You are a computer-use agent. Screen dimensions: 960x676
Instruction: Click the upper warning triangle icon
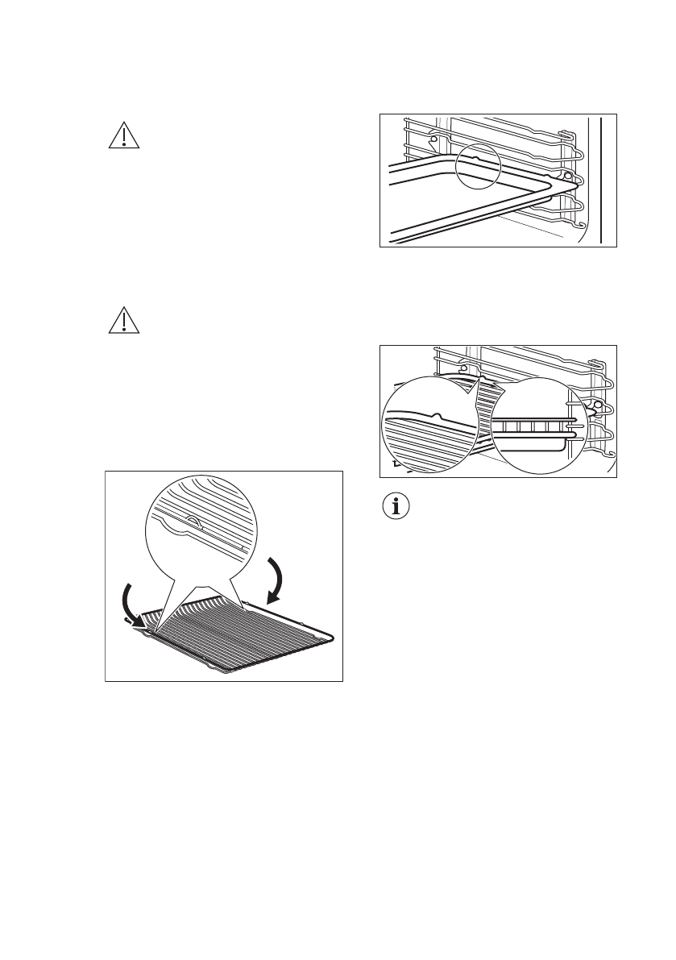(x=123, y=135)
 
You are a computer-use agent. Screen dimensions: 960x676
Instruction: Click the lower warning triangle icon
(x=123, y=321)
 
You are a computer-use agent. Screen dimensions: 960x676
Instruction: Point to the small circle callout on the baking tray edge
(x=478, y=167)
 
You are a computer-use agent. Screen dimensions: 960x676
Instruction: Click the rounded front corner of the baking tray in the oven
(x=564, y=185)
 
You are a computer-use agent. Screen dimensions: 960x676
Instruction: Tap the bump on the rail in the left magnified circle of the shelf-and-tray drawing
(x=436, y=416)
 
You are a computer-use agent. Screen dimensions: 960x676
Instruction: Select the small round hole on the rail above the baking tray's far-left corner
(x=433, y=139)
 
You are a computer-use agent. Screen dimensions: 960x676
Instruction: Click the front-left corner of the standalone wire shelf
(x=143, y=632)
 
